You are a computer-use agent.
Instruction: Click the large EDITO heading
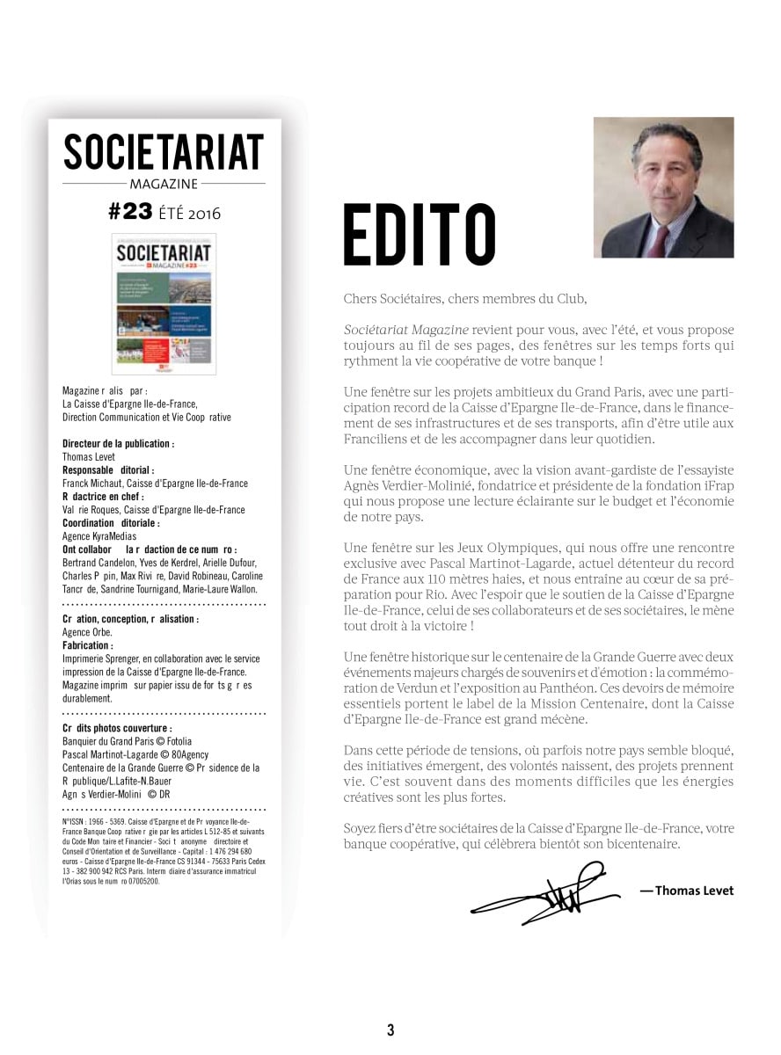pos(419,235)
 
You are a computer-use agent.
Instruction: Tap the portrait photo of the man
pos(663,187)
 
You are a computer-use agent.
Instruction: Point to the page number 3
pos(390,1030)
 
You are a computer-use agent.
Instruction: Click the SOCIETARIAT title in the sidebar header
pos(164,152)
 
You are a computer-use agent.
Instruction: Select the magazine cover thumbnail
pos(164,303)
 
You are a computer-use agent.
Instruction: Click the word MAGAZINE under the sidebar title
pos(164,184)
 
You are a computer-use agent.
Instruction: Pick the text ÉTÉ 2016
pos(189,213)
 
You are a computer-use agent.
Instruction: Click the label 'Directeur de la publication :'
pos(119,444)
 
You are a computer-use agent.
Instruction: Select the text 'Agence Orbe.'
pos(88,632)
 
